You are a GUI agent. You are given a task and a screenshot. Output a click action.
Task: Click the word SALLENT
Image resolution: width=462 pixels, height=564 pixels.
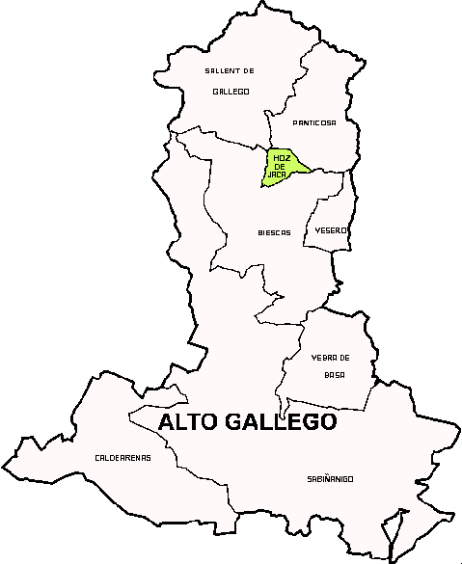[x=221, y=70]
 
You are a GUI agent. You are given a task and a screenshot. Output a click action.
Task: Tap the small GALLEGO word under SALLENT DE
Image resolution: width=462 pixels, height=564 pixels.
[x=231, y=92]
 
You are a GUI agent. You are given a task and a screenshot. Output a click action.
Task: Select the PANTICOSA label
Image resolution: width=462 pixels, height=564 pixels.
[x=314, y=122]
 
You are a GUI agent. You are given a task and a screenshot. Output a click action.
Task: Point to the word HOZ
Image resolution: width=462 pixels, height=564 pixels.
[x=281, y=156]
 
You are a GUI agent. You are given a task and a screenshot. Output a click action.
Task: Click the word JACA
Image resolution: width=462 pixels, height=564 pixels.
[x=279, y=175]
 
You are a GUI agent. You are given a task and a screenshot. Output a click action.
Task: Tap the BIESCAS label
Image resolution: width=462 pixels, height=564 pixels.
[x=275, y=232]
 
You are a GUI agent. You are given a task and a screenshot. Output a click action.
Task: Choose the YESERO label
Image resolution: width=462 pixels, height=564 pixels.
[x=331, y=230]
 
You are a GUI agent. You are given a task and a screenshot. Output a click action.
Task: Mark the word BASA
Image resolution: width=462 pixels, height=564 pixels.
[x=334, y=374]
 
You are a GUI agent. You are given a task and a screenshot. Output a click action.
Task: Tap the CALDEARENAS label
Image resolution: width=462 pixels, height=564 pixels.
[x=122, y=457]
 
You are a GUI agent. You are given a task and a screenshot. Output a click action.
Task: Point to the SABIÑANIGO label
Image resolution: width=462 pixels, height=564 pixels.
[x=330, y=478]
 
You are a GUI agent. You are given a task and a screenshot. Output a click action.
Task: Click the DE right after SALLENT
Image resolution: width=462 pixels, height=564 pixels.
[x=247, y=70]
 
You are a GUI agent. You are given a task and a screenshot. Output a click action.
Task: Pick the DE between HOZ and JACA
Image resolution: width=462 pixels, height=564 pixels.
[x=280, y=166]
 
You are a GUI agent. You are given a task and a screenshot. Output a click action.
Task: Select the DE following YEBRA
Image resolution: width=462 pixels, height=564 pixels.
[x=343, y=358]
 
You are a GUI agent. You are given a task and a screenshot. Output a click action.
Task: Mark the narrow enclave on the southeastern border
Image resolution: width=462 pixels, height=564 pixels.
[x=391, y=533]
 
